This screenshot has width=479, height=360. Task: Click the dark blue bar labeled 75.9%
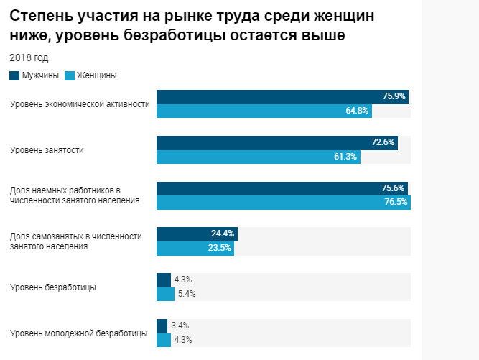282,97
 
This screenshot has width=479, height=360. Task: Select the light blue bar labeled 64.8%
264,111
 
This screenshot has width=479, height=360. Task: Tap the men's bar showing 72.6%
276,143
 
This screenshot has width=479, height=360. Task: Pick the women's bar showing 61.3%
258,157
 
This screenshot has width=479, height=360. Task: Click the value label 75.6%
393,188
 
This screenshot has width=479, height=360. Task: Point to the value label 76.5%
396,202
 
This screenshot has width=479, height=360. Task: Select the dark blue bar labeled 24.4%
196,234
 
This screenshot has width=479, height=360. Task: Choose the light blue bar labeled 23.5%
195,248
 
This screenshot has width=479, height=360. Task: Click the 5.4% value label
187,293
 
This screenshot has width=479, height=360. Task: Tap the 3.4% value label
180,326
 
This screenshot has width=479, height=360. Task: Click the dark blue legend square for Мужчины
14,75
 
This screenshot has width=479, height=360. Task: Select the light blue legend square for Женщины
69,75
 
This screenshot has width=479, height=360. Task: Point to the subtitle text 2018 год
29,57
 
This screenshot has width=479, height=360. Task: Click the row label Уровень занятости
47,150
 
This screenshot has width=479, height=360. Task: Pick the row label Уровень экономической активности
80,104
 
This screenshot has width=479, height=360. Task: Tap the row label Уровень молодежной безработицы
79,333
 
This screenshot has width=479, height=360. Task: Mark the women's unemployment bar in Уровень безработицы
165,294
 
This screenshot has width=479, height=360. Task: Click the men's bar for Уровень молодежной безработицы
162,326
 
